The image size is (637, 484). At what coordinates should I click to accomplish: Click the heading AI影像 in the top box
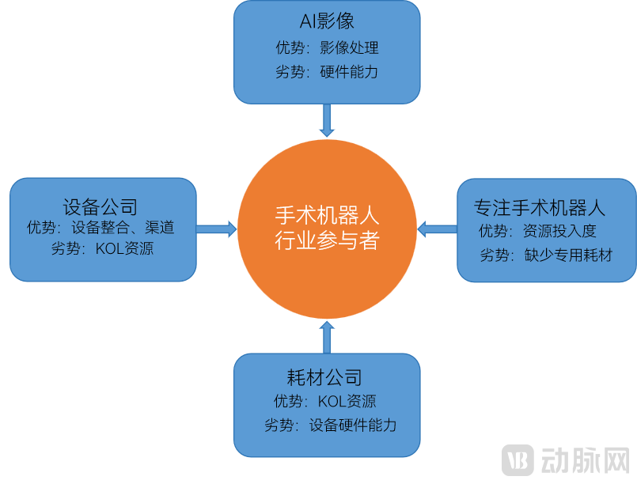click(x=326, y=21)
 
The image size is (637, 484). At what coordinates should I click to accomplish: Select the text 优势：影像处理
click(x=326, y=48)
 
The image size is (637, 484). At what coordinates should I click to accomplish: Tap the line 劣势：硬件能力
click(x=326, y=72)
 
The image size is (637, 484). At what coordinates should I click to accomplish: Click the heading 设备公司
click(x=100, y=207)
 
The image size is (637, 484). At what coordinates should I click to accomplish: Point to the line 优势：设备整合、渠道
click(x=100, y=228)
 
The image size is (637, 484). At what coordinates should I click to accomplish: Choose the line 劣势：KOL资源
click(x=102, y=249)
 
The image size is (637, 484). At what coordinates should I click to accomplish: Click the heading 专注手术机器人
click(x=540, y=208)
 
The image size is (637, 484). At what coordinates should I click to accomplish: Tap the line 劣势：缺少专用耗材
click(x=546, y=255)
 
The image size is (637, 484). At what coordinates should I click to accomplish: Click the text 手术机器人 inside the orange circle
click(x=327, y=215)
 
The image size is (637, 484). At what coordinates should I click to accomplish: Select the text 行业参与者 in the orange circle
click(x=327, y=240)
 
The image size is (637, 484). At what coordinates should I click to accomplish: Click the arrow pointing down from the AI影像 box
click(x=326, y=120)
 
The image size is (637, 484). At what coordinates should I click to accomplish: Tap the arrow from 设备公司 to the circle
click(x=216, y=229)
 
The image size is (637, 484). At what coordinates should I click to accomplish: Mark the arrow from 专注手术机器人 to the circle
click(x=438, y=229)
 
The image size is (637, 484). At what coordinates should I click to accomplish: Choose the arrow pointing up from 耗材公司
click(x=327, y=338)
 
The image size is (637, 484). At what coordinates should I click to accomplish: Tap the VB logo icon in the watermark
click(x=519, y=460)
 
